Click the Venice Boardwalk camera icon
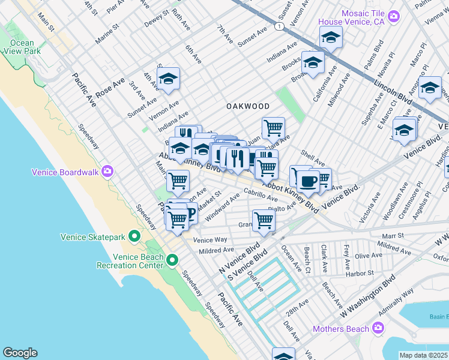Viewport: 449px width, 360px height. tap(107, 172)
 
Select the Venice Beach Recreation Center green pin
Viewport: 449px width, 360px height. tap(172, 260)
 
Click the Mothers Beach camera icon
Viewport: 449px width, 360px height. tap(378, 328)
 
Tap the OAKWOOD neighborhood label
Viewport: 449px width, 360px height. tap(247, 106)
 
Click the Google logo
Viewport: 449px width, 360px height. tap(20, 353)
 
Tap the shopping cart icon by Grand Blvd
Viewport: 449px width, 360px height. tap(264, 220)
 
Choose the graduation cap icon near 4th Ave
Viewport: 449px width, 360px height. tap(169, 78)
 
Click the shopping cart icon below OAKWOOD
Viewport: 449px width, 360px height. tap(273, 127)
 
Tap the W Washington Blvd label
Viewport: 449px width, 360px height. tap(367, 297)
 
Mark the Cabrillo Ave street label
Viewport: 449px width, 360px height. tap(260, 195)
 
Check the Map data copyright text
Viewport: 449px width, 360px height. tap(424, 355)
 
